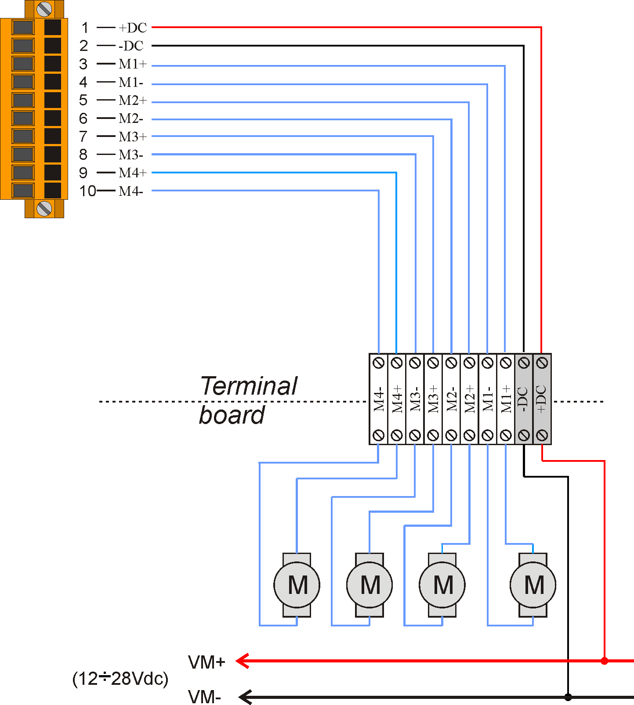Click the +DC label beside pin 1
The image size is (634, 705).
[x=133, y=28]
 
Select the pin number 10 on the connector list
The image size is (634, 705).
[x=87, y=191]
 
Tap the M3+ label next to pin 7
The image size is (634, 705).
[x=133, y=137]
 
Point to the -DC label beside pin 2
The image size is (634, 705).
[x=131, y=46]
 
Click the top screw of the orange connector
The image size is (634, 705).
[x=44, y=9]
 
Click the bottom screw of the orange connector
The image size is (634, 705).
[x=44, y=209]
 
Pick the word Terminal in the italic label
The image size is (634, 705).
[x=249, y=386]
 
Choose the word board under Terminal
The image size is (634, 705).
[x=232, y=415]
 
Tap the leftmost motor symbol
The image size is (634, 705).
[x=297, y=585]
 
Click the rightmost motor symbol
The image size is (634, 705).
[x=533, y=585]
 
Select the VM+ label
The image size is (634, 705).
[x=207, y=662]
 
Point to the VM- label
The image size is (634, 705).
[x=204, y=697]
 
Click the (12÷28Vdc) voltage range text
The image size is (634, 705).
[x=120, y=679]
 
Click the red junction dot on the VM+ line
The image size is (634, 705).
[x=605, y=661]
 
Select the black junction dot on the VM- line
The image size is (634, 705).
[x=568, y=697]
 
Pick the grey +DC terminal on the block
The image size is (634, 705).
[x=542, y=399]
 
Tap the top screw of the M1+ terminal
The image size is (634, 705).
[x=506, y=363]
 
